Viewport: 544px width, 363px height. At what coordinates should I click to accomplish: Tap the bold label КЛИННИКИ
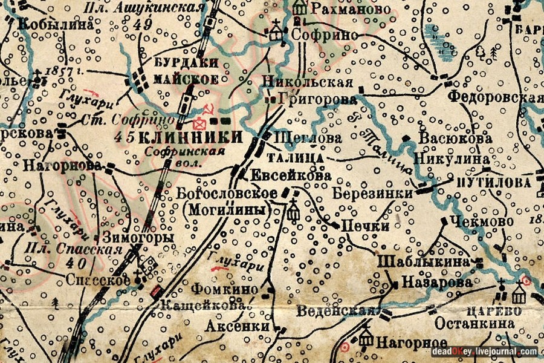[186, 137]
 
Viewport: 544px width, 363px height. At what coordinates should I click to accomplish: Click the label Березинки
[372, 194]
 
